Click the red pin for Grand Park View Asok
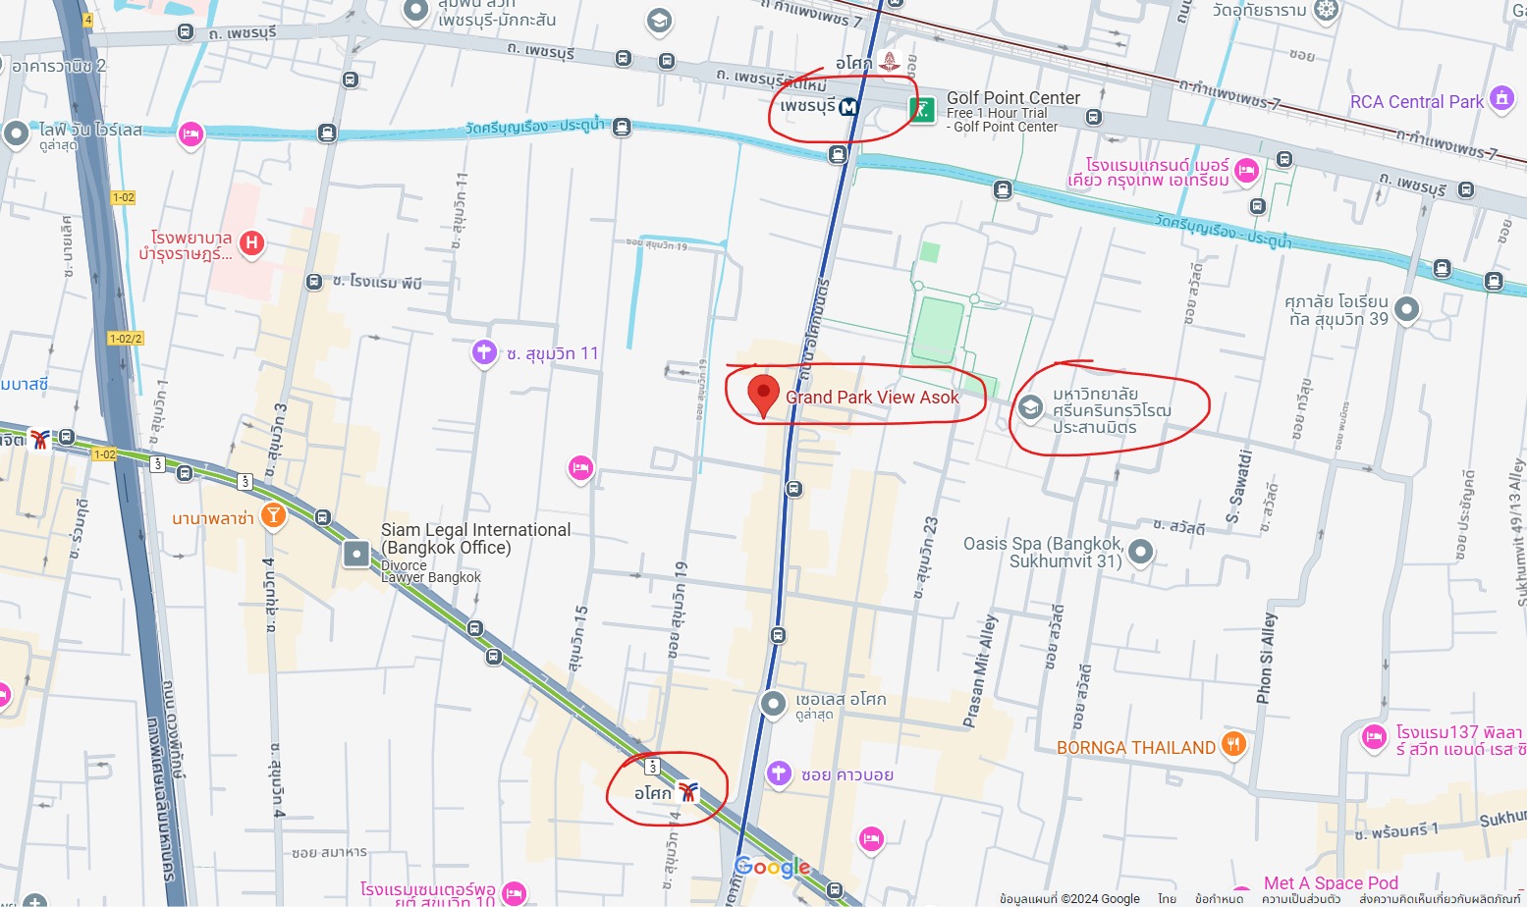(763, 393)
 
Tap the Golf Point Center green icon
(921, 109)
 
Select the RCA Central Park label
(1416, 102)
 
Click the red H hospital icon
(252, 242)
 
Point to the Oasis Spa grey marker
(1140, 552)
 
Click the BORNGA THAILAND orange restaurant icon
(1233, 744)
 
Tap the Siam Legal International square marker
(355, 555)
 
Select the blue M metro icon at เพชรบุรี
(848, 107)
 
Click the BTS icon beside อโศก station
(688, 792)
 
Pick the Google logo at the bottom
(772, 867)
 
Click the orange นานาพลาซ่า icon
(273, 515)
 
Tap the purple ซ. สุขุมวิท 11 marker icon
(484, 352)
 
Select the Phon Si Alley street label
(1267, 658)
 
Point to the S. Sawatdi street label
(1239, 487)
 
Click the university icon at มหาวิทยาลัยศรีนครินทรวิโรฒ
(1029, 407)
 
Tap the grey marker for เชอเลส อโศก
(773, 703)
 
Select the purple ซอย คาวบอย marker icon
(779, 774)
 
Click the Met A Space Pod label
(1330, 883)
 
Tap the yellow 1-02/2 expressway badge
(126, 339)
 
